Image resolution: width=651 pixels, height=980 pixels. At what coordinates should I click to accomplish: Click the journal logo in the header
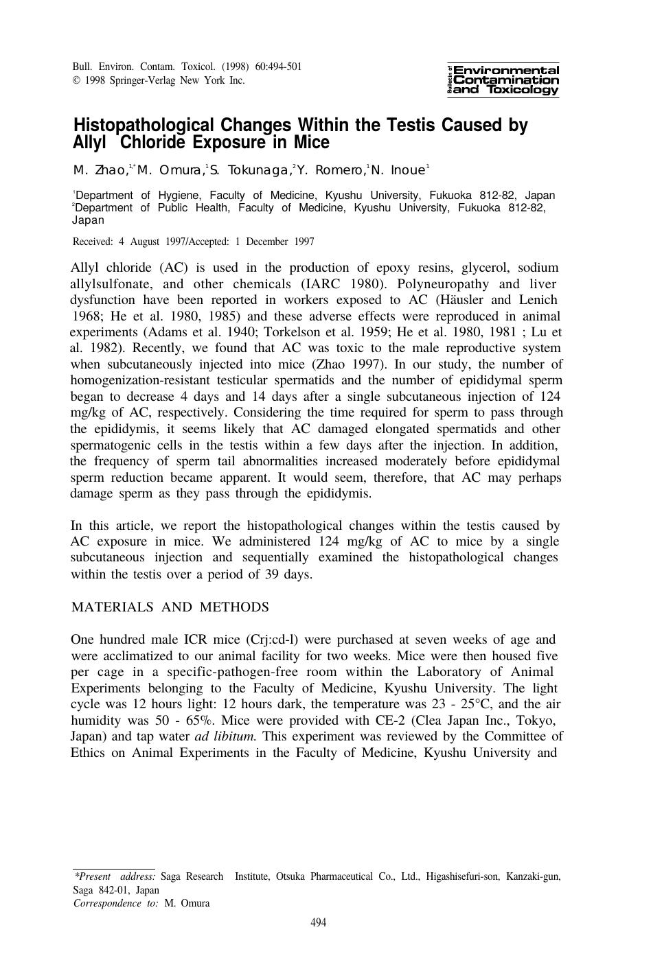click(503, 80)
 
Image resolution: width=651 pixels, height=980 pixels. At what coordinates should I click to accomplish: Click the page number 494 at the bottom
click(319, 922)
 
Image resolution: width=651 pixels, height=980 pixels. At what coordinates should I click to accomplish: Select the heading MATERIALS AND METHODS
click(170, 607)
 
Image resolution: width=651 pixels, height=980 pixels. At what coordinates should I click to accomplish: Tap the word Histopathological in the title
click(144, 126)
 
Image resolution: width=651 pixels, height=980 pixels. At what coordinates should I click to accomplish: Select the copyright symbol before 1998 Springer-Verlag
click(76, 80)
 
